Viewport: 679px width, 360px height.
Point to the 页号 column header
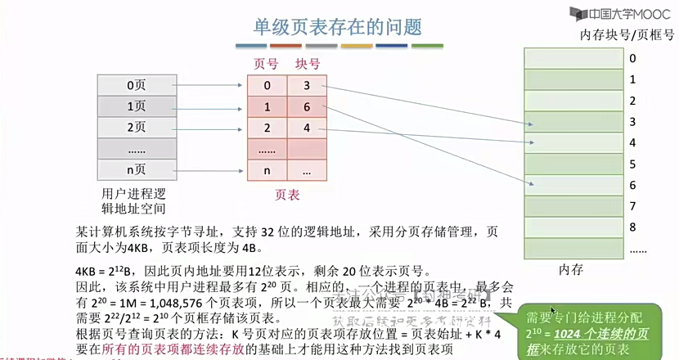[267, 64]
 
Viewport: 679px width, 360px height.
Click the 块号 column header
[308, 64]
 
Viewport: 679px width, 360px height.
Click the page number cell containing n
[267, 171]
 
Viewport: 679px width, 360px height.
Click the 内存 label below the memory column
[570, 268]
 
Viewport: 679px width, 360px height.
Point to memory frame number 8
[632, 227]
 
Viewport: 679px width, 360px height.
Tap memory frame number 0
[632, 58]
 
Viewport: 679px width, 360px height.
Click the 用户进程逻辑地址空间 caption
[136, 201]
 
